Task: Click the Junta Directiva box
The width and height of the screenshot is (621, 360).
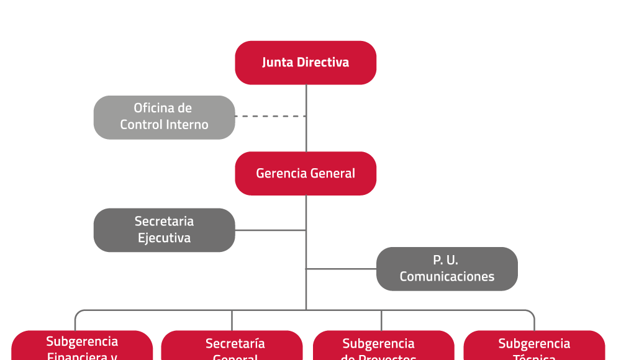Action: [306, 63]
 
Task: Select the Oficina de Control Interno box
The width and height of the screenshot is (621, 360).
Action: [164, 117]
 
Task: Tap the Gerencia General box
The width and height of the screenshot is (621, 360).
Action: [306, 173]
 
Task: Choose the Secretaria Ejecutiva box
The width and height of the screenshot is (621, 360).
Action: [164, 230]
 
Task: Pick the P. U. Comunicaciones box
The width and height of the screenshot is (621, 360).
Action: [446, 269]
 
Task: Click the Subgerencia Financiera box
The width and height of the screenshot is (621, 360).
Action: [82, 346]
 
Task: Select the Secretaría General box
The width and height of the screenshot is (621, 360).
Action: [232, 346]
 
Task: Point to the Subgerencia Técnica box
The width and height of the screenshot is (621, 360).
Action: [534, 346]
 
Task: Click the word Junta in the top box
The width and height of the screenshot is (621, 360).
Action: [278, 63]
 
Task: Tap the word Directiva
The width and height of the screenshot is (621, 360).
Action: [323, 63]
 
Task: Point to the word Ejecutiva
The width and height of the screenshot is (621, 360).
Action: [164, 238]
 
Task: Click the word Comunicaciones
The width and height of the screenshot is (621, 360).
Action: [446, 277]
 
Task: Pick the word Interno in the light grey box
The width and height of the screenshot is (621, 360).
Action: [189, 125]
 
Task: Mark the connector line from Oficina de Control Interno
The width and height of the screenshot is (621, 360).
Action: [270, 116]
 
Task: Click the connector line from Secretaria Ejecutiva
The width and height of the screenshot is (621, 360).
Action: [270, 230]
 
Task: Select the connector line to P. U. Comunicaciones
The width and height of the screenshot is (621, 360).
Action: [342, 269]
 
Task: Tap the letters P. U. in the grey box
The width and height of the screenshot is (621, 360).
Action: [446, 261]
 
